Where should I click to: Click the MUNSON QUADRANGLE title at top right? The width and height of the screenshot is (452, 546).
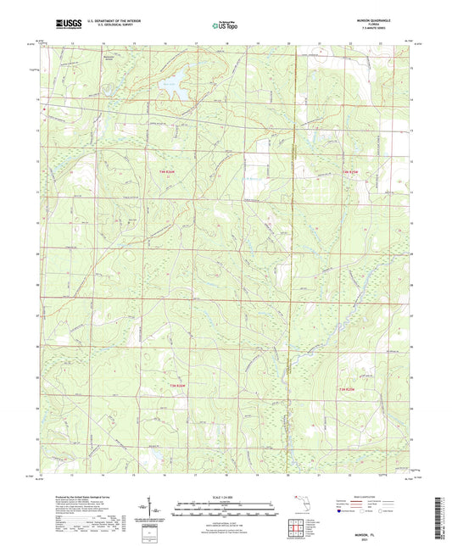[377, 19]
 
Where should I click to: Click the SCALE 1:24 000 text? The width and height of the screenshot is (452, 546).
[226, 499]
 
